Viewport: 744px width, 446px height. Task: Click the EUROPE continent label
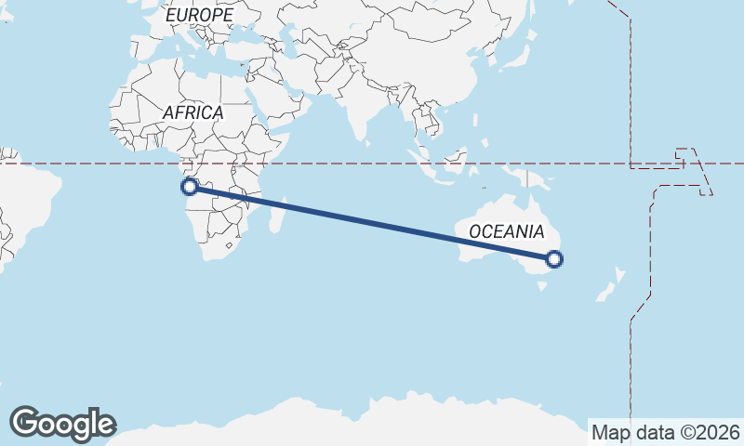click(x=199, y=16)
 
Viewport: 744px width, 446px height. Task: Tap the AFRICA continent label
click(x=193, y=112)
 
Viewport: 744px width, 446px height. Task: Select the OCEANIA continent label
click(x=506, y=231)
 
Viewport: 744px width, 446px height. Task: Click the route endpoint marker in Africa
click(x=189, y=187)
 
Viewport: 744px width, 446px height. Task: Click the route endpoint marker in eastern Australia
click(x=554, y=259)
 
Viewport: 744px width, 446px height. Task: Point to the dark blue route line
click(x=372, y=223)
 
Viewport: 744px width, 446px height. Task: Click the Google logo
click(x=62, y=424)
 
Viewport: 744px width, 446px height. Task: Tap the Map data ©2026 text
click(x=666, y=432)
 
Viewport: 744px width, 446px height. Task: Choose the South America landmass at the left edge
click(x=23, y=200)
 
